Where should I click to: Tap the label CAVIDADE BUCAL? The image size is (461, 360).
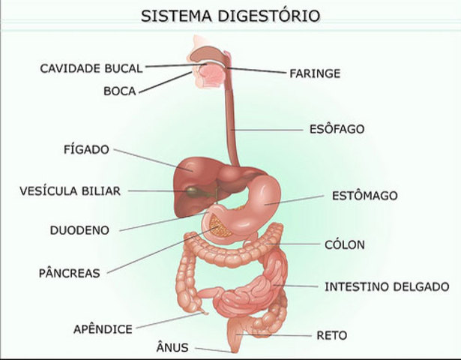click(91, 68)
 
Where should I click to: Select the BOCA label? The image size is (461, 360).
click(120, 92)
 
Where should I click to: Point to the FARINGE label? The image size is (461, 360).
click(315, 73)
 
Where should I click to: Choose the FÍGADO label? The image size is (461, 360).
click(86, 148)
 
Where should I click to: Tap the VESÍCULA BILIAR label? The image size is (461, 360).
click(70, 191)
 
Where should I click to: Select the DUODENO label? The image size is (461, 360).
click(79, 229)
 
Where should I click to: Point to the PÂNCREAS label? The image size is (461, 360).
click(69, 273)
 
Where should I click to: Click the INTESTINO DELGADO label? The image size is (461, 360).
click(387, 286)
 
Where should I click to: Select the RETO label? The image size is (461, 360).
click(332, 335)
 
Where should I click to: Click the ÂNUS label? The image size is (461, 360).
click(172, 347)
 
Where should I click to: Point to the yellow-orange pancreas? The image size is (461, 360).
click(221, 224)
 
